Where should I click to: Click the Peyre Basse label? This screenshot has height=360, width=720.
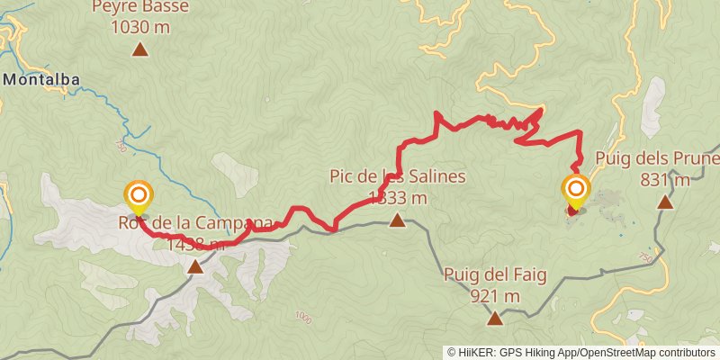coord(140,8)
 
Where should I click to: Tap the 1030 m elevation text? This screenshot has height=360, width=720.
coord(140,27)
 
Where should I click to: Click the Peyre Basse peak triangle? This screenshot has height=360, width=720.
coord(139,49)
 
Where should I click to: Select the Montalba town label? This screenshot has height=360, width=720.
coord(41,79)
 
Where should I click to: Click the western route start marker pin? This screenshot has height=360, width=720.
coord(139,195)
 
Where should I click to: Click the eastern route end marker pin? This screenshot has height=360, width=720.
coord(575,191)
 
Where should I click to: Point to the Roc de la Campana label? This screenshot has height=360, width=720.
coord(193,223)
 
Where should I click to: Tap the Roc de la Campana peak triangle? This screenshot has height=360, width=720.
coord(195,266)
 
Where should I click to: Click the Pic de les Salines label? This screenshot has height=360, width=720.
coord(397,176)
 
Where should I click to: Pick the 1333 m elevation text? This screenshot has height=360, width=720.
coord(397,197)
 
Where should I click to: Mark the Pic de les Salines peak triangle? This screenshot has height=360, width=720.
coord(397,220)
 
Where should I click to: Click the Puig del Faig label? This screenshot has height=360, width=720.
coord(495,274)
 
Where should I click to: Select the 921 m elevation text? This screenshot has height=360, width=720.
coord(495,295)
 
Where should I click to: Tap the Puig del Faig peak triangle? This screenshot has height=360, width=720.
coord(495,318)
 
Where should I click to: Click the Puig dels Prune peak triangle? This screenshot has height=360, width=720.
coord(664,201)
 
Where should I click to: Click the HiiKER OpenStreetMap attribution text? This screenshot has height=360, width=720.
coord(581,352)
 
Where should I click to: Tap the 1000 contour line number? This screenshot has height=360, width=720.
coord(302,316)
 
